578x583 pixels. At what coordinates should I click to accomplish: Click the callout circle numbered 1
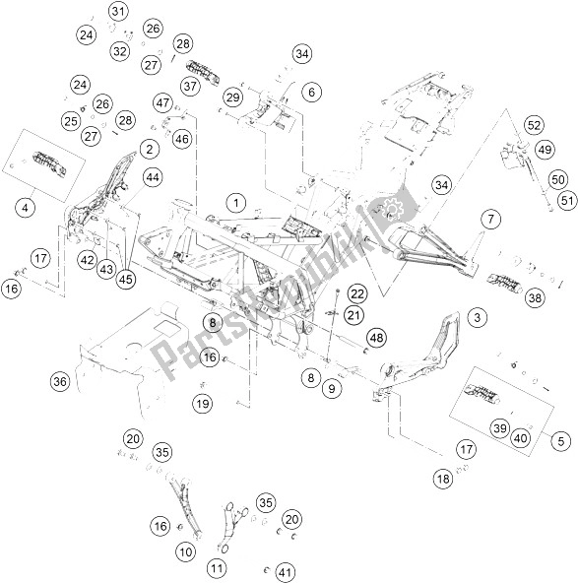(236, 204)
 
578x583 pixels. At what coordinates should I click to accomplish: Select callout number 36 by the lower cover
(59, 381)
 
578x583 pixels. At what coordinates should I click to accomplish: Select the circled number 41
(287, 572)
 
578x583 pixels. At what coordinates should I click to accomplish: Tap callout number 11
(217, 567)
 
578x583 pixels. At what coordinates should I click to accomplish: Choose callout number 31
(118, 12)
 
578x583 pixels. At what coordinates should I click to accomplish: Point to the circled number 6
(311, 93)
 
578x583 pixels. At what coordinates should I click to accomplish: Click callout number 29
(231, 97)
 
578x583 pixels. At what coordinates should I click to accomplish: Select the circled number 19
(202, 403)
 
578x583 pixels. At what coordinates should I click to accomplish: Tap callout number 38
(535, 297)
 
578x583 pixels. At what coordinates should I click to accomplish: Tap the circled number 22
(355, 293)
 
